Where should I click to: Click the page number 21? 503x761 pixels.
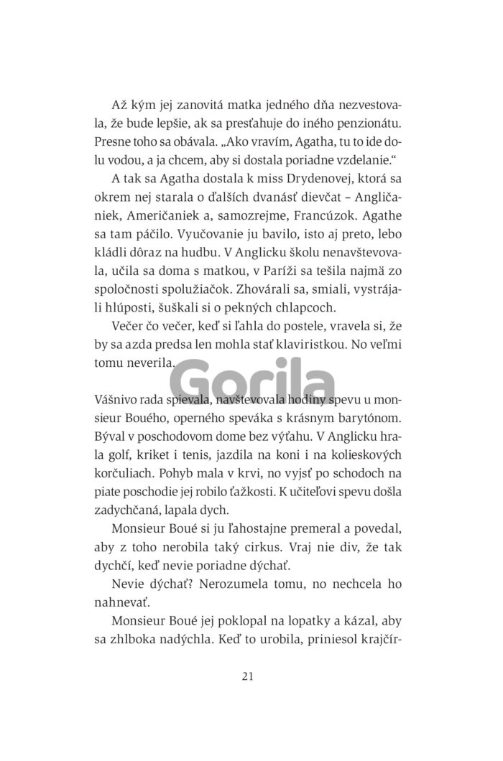point(251,676)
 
